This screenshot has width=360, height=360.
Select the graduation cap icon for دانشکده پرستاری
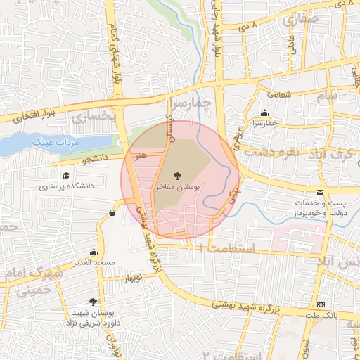pyautogui.click(x=66, y=176)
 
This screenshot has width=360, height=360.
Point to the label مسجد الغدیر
pyautogui.click(x=94, y=263)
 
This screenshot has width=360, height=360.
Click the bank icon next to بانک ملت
pyautogui.click(x=321, y=304)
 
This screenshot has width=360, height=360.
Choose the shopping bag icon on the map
pyautogui.click(x=112, y=212)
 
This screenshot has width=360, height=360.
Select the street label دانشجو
pyautogui.click(x=96, y=160)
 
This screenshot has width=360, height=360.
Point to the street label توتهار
pyautogui.click(x=136, y=279)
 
